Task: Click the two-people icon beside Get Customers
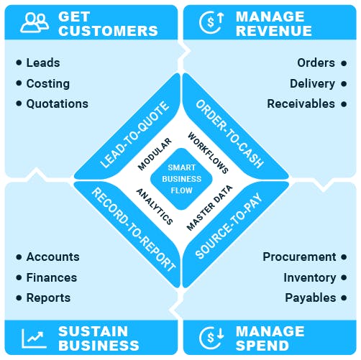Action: [x=35, y=23]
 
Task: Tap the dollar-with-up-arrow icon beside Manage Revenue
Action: [x=211, y=22]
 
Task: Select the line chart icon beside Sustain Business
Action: [x=34, y=338]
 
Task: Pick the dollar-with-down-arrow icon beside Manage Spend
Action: [x=211, y=337]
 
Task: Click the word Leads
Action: [x=43, y=63]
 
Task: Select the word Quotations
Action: [x=58, y=104]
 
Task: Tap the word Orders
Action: [x=316, y=63]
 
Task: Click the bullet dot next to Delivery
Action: [x=344, y=84]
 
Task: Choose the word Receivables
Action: [x=301, y=104]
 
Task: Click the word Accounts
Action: [x=53, y=257]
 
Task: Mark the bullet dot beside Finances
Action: [x=19, y=278]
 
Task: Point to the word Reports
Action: [x=48, y=298]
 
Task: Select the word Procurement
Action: [x=299, y=257]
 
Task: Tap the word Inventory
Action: [x=310, y=278]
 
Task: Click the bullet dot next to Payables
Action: [x=344, y=298]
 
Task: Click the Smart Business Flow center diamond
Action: [x=181, y=179]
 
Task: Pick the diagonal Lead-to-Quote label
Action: [x=134, y=134]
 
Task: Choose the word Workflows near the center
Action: [x=208, y=153]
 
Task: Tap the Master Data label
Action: [x=209, y=208]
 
